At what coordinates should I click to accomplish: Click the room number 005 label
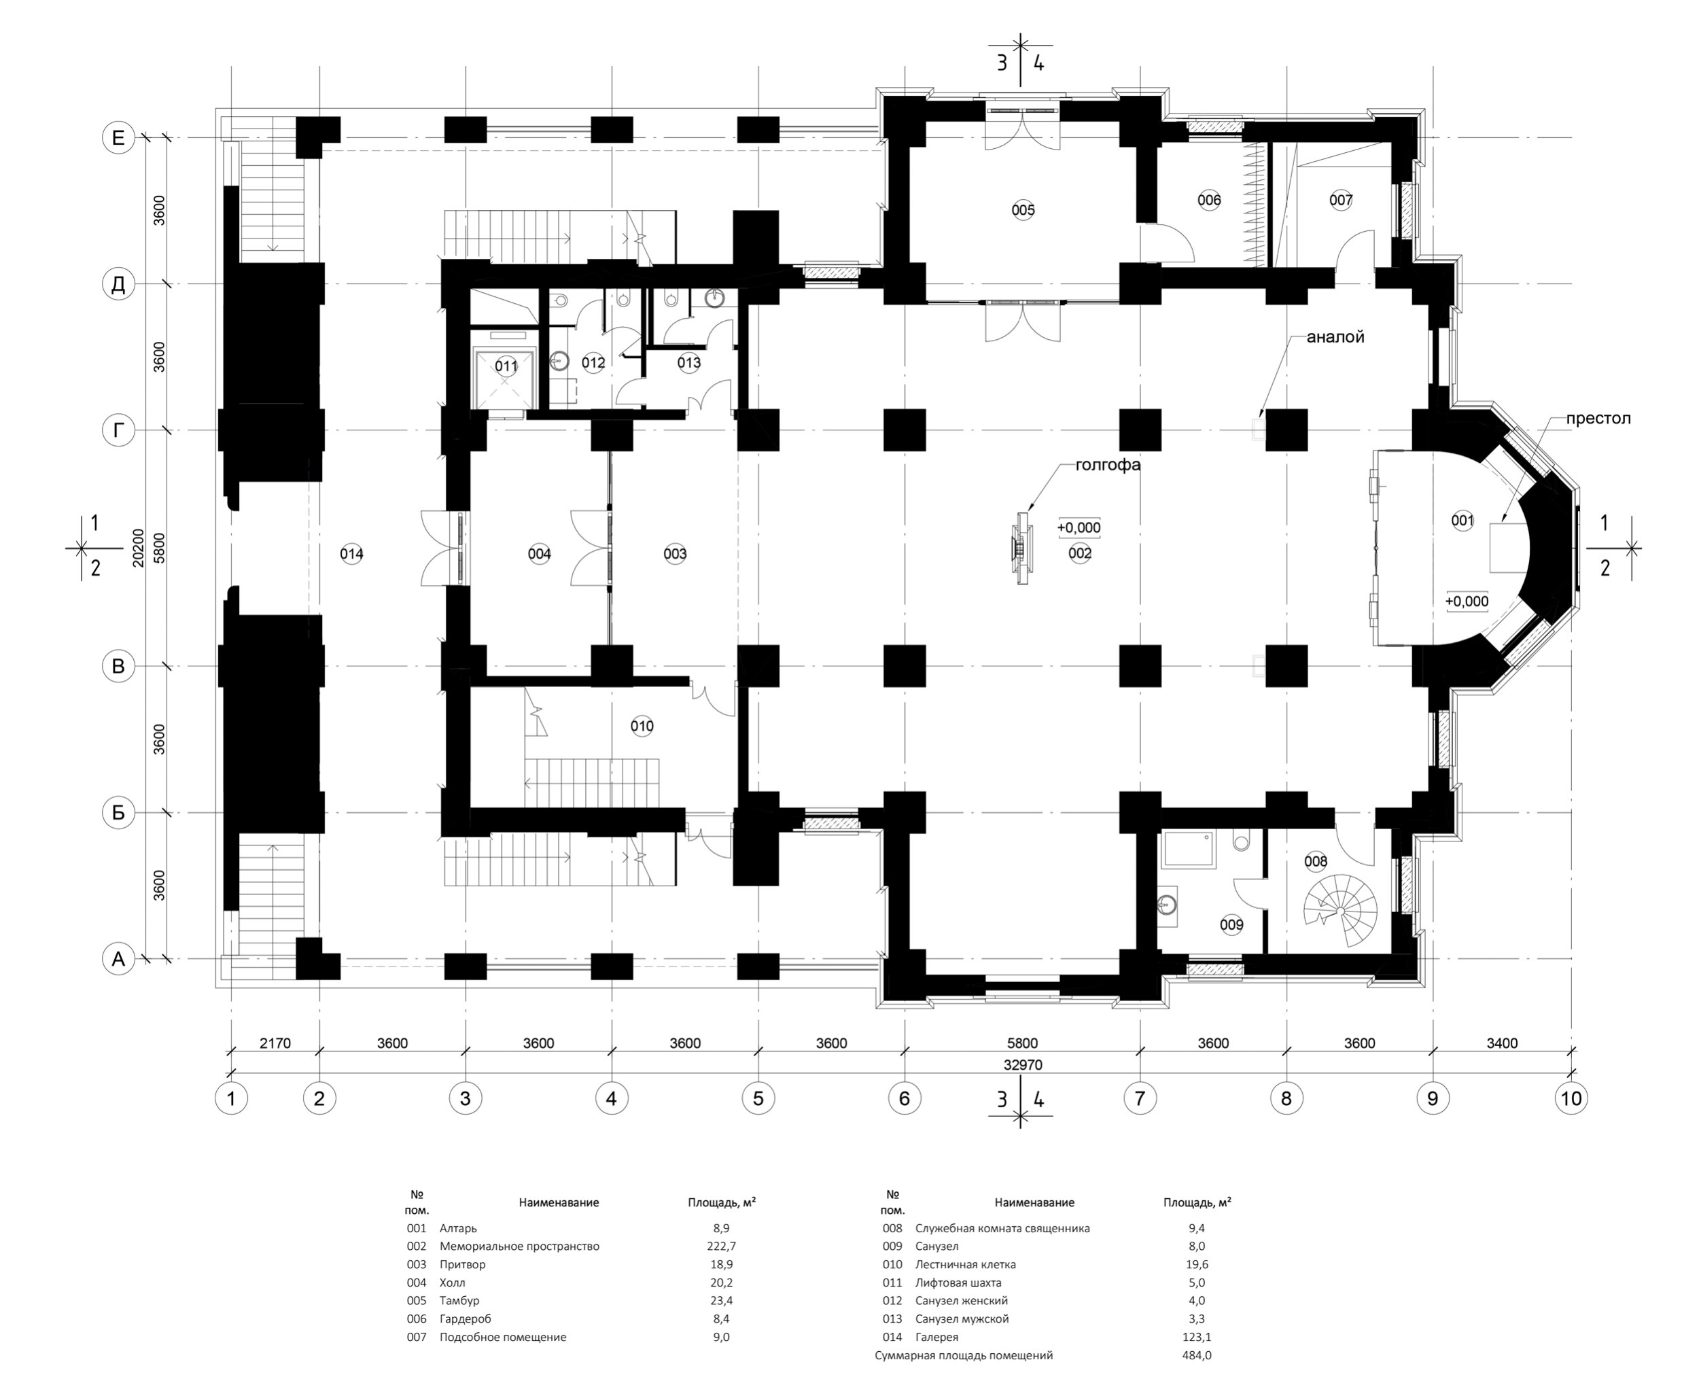click(x=1023, y=210)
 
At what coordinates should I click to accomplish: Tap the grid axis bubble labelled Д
click(x=118, y=284)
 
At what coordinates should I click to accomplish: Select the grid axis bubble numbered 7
click(x=1140, y=1098)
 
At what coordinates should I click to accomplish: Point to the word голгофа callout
click(x=1108, y=466)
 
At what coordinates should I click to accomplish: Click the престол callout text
click(x=1598, y=419)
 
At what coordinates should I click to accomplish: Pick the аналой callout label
click(x=1335, y=337)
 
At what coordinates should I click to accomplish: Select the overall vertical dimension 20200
click(x=138, y=547)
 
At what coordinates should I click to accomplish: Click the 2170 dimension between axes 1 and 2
click(x=275, y=1043)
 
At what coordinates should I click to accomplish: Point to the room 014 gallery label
click(x=351, y=554)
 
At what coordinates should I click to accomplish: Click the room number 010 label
click(x=642, y=726)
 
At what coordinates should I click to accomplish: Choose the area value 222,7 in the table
click(x=721, y=1246)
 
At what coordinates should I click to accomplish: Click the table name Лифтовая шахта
click(x=958, y=1283)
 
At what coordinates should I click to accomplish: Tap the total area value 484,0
click(x=1197, y=1355)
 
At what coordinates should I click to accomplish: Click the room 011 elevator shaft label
click(x=506, y=366)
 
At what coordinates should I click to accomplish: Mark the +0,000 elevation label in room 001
click(x=1467, y=602)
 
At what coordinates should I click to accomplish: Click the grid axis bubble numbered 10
click(x=1571, y=1098)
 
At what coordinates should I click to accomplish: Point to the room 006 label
click(x=1209, y=201)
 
